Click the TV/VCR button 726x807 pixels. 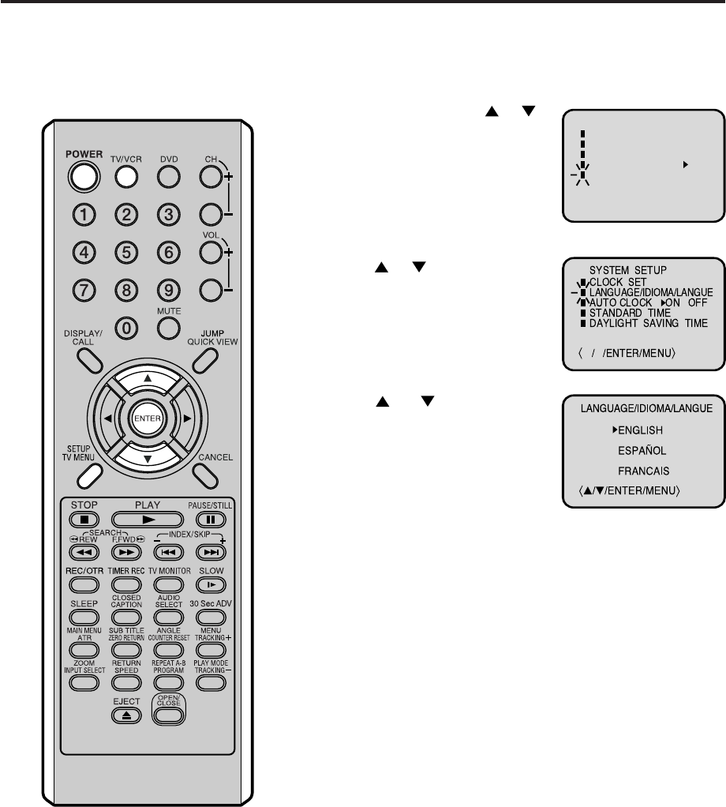(x=126, y=178)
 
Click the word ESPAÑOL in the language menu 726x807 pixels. (x=642, y=450)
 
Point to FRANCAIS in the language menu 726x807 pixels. (x=642, y=471)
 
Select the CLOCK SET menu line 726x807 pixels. (x=618, y=280)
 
